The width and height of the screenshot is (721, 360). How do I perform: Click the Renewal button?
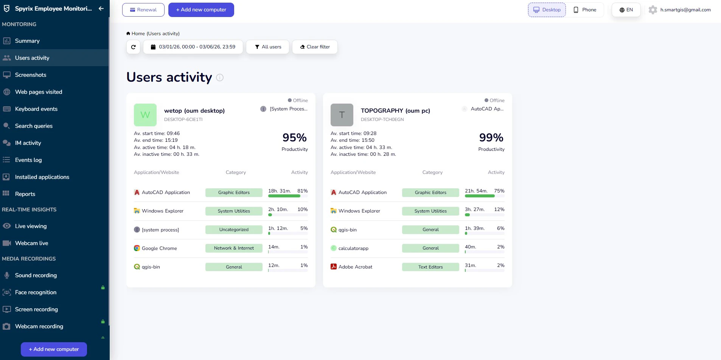click(x=143, y=10)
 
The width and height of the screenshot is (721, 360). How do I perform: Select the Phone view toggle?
click(x=585, y=10)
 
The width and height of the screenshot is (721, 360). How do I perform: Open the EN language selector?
click(x=626, y=10)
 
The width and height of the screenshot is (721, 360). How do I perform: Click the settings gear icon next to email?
click(x=653, y=10)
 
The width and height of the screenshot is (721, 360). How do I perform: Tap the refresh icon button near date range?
click(x=133, y=47)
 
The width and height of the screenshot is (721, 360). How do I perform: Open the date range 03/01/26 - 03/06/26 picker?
click(x=193, y=47)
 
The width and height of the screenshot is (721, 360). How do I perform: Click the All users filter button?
click(x=268, y=47)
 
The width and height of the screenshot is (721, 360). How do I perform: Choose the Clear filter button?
click(x=315, y=47)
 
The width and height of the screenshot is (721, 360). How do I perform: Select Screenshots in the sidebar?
click(x=30, y=75)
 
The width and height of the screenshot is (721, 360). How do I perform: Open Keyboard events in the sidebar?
click(x=36, y=109)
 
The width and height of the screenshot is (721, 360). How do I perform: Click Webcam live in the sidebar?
click(x=31, y=243)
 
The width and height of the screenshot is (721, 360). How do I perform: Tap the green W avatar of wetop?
click(x=145, y=115)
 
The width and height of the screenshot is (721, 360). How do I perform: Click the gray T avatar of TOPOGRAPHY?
click(x=342, y=115)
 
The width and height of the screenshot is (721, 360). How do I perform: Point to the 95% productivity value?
click(x=294, y=138)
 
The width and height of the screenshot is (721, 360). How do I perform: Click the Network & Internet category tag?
click(x=234, y=248)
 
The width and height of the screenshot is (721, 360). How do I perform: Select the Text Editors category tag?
click(x=430, y=267)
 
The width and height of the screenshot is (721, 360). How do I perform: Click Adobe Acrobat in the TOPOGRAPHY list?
click(x=355, y=267)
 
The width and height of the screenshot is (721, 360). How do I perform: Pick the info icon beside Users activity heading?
click(x=220, y=78)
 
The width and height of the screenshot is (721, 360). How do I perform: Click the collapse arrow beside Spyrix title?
click(x=101, y=8)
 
